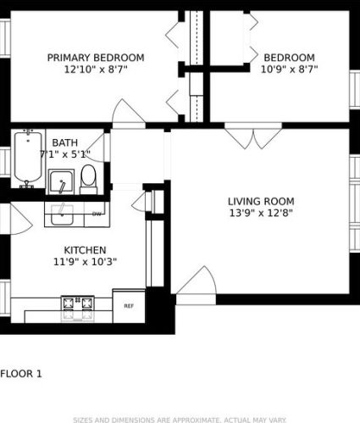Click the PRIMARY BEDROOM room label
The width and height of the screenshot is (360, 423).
[x=95, y=58]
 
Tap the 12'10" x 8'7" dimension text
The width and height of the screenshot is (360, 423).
[x=95, y=70]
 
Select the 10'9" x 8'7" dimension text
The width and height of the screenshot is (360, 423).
[x=289, y=70]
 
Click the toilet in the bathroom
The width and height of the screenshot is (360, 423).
[x=88, y=178]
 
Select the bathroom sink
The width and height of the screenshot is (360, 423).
[x=59, y=181]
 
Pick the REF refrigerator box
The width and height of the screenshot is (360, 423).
[x=129, y=305]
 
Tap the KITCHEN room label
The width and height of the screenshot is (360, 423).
[x=85, y=250]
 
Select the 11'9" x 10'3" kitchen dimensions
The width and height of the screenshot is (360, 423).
[x=85, y=263]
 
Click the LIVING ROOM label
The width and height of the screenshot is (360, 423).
[x=259, y=201]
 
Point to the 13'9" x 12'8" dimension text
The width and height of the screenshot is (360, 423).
[x=259, y=214]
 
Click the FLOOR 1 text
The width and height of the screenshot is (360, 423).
[x=21, y=373]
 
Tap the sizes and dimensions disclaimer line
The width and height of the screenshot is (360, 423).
[x=180, y=419]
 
